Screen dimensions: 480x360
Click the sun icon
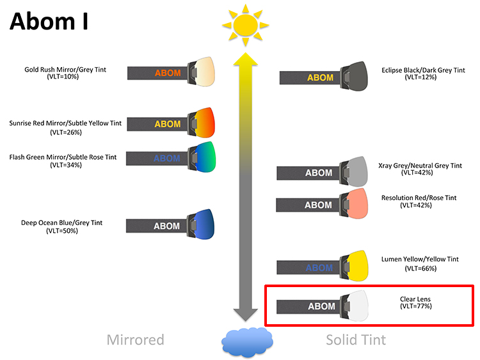(x=246, y=26)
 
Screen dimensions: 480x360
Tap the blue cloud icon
(x=247, y=342)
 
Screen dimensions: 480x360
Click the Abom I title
(x=49, y=21)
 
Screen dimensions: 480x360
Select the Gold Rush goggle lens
(x=205, y=71)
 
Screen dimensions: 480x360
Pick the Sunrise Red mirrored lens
(x=205, y=122)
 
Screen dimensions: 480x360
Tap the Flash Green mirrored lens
(x=205, y=157)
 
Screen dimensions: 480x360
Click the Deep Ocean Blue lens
(x=204, y=224)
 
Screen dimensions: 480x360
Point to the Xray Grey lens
(x=358, y=171)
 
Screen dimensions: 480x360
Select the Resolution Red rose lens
(x=358, y=203)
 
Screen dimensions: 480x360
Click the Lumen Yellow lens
(x=358, y=266)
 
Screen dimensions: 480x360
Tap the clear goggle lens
(x=358, y=306)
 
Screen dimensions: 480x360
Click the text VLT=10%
(x=63, y=77)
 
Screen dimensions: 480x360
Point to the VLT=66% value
(x=420, y=269)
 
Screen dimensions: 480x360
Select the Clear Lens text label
(x=415, y=299)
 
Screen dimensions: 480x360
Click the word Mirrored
(x=135, y=340)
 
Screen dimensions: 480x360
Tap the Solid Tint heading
(x=356, y=340)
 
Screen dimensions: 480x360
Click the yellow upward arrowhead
(x=246, y=59)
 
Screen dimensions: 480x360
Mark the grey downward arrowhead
(x=246, y=315)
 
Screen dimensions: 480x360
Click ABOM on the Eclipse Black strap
(x=320, y=77)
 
